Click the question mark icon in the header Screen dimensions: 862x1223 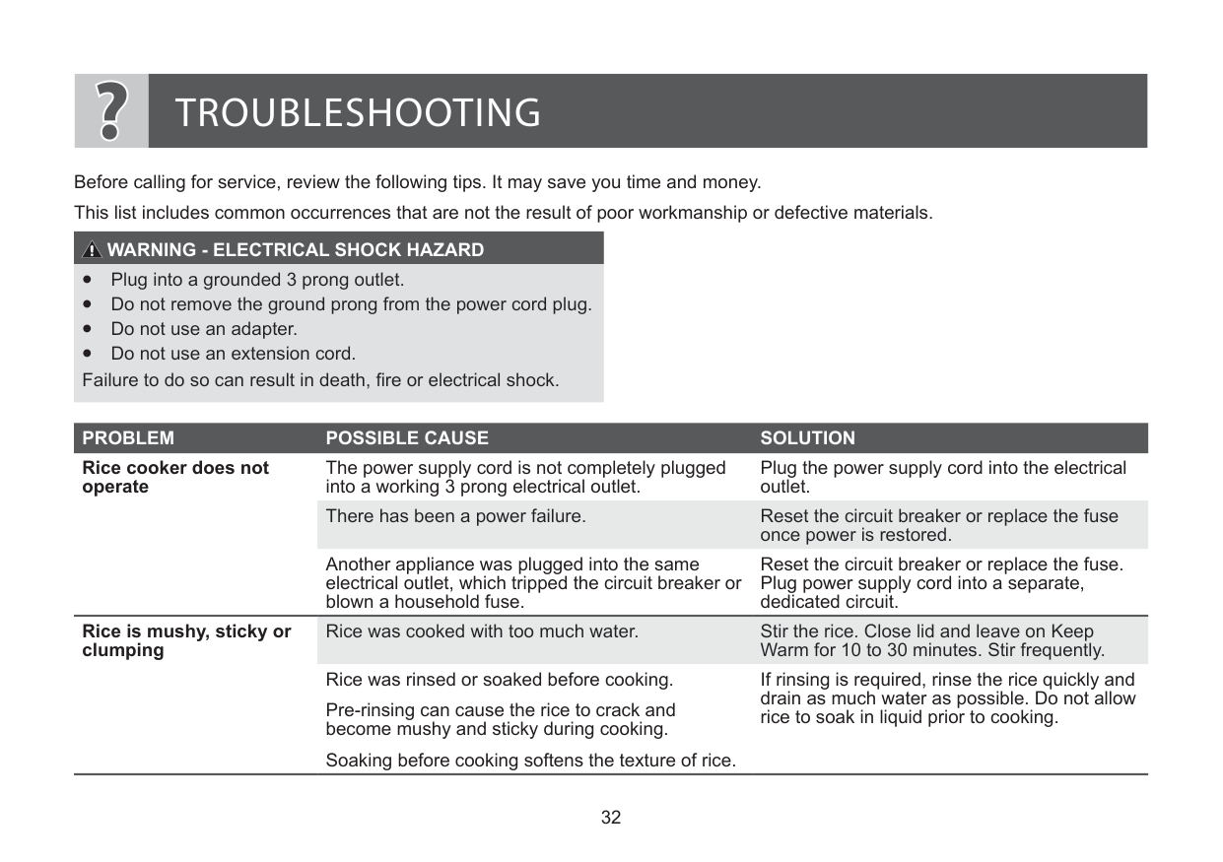pyautogui.click(x=111, y=111)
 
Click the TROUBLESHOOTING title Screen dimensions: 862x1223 pyautogui.click(x=358, y=113)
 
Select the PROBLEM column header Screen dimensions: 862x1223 pyautogui.click(x=128, y=438)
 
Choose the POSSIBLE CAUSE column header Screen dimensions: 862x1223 pyautogui.click(x=406, y=438)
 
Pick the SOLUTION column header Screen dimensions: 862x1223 pyautogui.click(x=807, y=438)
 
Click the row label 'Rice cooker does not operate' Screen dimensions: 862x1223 pyautogui.click(x=174, y=478)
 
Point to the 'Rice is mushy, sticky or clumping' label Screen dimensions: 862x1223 pyautogui.click(x=186, y=641)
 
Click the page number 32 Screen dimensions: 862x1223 pyautogui.click(x=611, y=818)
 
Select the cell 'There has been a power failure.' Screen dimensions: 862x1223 pyautogui.click(x=455, y=516)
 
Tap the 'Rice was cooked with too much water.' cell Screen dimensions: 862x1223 pyautogui.click(x=482, y=631)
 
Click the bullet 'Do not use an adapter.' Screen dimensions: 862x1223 pyautogui.click(x=203, y=329)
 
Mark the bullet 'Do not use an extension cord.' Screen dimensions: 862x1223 pyautogui.click(x=233, y=354)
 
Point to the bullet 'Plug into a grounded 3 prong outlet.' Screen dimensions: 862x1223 pyautogui.click(x=257, y=280)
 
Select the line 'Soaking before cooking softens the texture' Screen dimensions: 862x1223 pyautogui.click(x=530, y=761)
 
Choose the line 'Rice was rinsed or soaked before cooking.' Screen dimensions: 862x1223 pyautogui.click(x=499, y=680)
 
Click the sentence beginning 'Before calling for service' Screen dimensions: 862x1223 pyautogui.click(x=418, y=183)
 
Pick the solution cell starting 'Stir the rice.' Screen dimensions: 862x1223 pyautogui.click(x=931, y=641)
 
